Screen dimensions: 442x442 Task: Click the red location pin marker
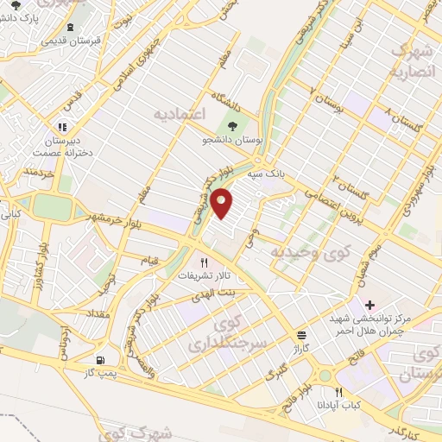[223, 202]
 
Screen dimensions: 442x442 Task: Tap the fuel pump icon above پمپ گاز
[102, 360]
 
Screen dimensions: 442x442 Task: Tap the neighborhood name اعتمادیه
[179, 113]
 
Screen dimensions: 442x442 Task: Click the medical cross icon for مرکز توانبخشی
[369, 305]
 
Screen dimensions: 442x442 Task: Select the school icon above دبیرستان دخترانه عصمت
[61, 124]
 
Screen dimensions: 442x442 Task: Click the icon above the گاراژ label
[301, 335]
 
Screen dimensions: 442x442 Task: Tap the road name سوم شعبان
[368, 259]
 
